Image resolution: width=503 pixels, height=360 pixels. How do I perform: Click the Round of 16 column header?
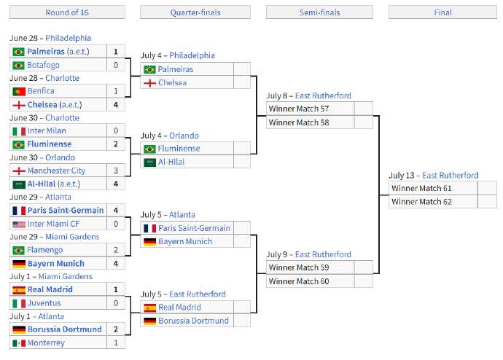coord(67,12)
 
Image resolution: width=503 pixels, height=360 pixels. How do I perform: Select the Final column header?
coord(442,12)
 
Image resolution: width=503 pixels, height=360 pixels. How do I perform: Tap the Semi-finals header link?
coord(319,12)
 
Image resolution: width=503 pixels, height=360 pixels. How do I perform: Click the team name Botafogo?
coord(43,65)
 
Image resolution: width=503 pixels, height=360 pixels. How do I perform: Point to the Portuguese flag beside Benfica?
coord(19,92)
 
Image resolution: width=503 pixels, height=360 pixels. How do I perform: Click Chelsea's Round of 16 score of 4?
coord(116,105)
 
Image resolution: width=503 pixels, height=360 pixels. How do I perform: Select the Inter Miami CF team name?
coord(53,224)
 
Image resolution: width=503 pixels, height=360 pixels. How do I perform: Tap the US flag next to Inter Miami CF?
coord(19,224)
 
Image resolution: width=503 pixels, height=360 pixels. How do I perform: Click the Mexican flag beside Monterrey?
coord(19,343)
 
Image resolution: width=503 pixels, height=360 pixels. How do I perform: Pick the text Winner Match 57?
coord(299,109)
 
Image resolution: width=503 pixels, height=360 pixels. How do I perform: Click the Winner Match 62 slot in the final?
coord(421,202)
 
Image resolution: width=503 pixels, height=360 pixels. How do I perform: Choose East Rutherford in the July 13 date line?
coord(450,176)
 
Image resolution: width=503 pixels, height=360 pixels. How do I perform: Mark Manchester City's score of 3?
coord(116,171)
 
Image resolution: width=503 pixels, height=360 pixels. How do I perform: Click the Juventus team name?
coord(44,303)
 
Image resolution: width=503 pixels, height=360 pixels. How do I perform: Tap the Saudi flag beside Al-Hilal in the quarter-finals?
coord(150,163)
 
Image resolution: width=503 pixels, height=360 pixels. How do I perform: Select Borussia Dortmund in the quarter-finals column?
coord(193,321)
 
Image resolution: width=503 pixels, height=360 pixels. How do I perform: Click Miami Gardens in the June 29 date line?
coord(72,237)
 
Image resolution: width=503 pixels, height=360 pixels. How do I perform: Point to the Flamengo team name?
coord(45,250)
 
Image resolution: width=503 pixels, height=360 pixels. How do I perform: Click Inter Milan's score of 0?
coord(116,130)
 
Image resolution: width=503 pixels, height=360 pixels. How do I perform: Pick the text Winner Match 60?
coord(299,281)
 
